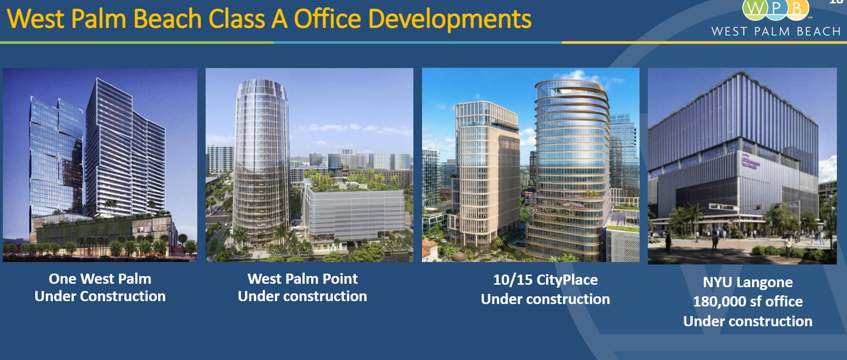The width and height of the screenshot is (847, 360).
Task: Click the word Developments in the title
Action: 449,19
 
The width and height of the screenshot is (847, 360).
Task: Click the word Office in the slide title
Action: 327,19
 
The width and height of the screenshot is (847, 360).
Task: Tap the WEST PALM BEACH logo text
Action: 776,31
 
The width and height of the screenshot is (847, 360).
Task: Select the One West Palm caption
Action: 100,278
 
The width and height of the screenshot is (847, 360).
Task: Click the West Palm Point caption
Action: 302,278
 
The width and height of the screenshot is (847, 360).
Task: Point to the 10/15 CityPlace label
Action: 545,279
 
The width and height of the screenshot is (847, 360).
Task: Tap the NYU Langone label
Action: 747,282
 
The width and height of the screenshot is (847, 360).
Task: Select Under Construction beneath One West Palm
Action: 100,296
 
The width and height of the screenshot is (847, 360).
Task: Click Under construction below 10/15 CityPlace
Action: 545,299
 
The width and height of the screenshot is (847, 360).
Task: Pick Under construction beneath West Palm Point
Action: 302,296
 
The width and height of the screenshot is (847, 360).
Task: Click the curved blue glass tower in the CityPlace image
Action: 569,164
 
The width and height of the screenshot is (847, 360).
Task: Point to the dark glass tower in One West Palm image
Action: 53,154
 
